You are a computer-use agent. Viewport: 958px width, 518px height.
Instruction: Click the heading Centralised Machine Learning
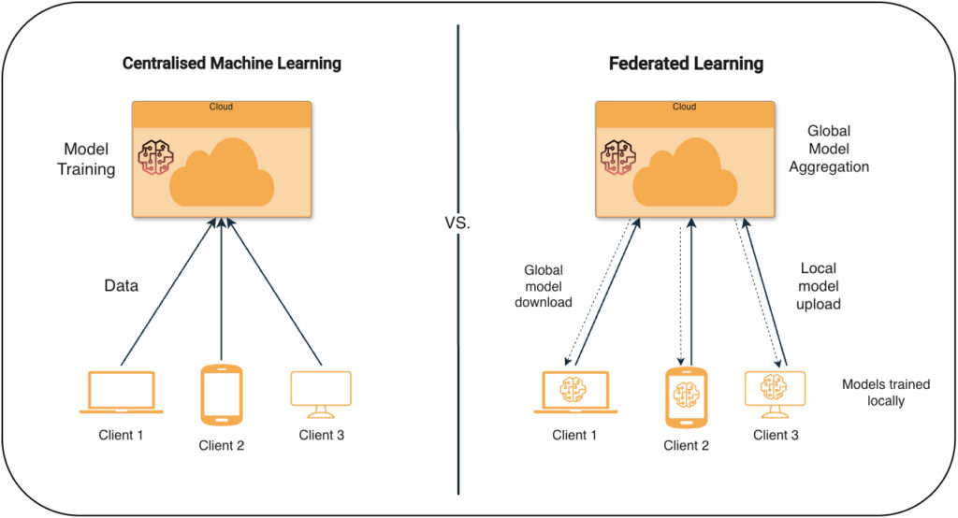click(x=232, y=64)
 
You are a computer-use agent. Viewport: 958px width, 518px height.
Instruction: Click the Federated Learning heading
click(x=686, y=64)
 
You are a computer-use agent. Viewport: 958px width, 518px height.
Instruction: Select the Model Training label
click(x=86, y=159)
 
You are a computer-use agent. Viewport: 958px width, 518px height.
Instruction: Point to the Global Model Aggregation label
click(x=829, y=150)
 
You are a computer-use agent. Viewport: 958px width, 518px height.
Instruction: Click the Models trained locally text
click(x=885, y=392)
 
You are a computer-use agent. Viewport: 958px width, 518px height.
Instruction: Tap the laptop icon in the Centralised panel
click(x=122, y=393)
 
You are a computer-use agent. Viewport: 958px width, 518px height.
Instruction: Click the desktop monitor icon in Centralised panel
click(x=321, y=392)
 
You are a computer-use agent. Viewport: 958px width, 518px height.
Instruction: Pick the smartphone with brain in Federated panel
click(x=686, y=398)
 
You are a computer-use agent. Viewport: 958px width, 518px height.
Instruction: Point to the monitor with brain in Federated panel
click(x=775, y=392)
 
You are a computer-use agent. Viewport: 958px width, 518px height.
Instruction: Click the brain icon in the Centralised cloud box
click(x=152, y=159)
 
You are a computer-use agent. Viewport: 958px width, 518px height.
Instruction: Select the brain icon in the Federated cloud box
click(x=617, y=159)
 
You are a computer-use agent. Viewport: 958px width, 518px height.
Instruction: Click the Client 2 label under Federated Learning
click(x=686, y=446)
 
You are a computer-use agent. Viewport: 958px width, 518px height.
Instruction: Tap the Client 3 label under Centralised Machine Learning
click(x=321, y=435)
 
